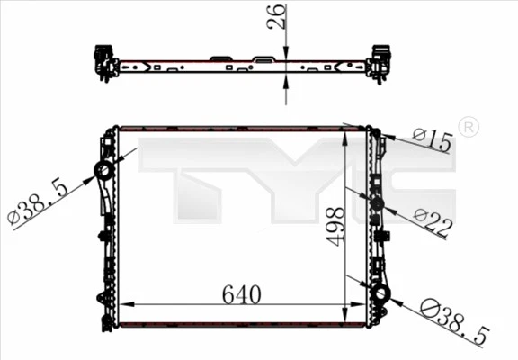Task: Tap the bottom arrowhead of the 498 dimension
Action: coord(346,314)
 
